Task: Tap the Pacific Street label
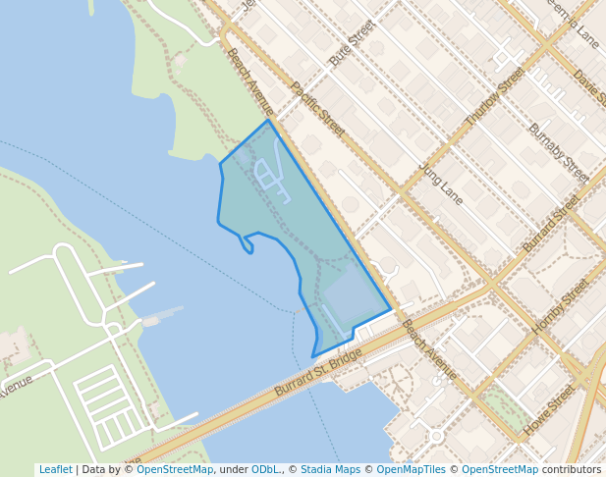tap(316, 108)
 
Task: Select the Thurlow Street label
tap(495, 96)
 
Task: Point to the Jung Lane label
tap(440, 184)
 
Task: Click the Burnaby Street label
tap(558, 153)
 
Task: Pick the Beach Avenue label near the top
tap(249, 80)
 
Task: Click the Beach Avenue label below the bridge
tap(428, 349)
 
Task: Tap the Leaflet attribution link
tap(55, 470)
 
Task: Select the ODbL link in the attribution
tap(264, 470)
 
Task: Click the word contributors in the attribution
tap(572, 470)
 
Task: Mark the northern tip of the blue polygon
tap(268, 121)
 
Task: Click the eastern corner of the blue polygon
tap(391, 310)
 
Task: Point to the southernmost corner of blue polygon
tap(313, 356)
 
